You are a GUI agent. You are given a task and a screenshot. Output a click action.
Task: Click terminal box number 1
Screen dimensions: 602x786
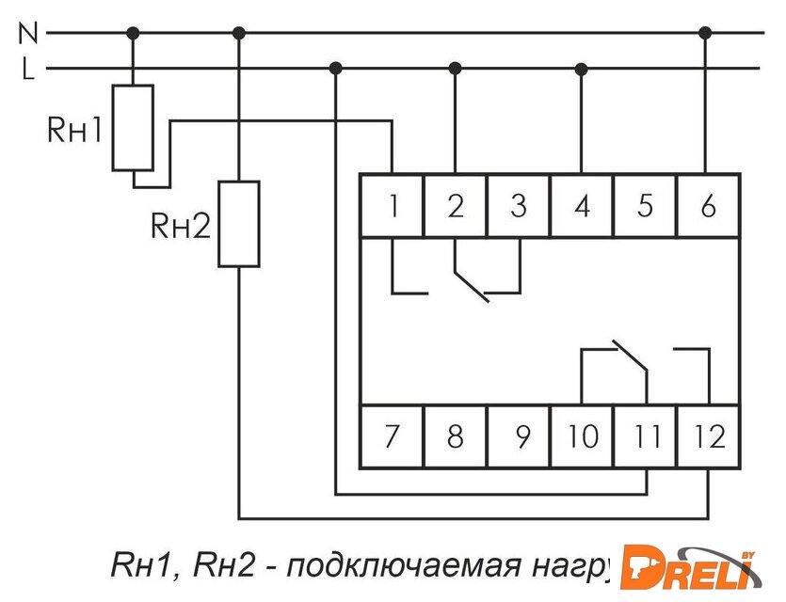pyautogui.click(x=393, y=205)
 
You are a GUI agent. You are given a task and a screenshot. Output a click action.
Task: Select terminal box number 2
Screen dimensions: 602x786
pyautogui.click(x=456, y=205)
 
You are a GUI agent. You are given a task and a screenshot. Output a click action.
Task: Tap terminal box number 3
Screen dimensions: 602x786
pyautogui.click(x=519, y=205)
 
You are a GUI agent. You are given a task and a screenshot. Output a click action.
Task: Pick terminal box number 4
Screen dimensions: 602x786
pyautogui.click(x=582, y=205)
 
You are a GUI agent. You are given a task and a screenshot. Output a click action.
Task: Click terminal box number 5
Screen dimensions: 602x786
pyautogui.click(x=645, y=205)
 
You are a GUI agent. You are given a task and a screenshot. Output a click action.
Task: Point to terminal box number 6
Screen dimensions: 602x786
pyautogui.click(x=708, y=205)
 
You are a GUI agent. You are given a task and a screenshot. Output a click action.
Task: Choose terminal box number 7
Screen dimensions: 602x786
pyautogui.click(x=393, y=436)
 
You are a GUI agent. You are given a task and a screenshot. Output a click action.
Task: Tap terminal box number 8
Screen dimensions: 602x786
pyautogui.click(x=456, y=436)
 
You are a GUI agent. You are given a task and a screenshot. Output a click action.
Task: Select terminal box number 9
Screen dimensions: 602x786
pyautogui.click(x=519, y=436)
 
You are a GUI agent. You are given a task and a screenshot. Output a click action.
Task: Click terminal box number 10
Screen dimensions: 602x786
pyautogui.click(x=582, y=436)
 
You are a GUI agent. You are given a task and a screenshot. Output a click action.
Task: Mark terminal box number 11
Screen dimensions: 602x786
pyautogui.click(x=645, y=436)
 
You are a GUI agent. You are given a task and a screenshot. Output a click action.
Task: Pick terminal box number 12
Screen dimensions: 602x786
pyautogui.click(x=708, y=436)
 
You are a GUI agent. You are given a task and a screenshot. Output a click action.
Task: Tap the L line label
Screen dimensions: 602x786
pyautogui.click(x=28, y=68)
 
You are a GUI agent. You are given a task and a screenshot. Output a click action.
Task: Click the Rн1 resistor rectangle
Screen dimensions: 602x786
pyautogui.click(x=133, y=128)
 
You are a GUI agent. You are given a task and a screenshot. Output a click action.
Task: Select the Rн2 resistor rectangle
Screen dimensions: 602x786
pyautogui.click(x=239, y=224)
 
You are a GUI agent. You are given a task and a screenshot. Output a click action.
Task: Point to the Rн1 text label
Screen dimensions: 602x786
pyautogui.click(x=73, y=130)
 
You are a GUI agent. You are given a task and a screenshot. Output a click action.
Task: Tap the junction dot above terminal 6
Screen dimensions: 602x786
pyautogui.click(x=706, y=33)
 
